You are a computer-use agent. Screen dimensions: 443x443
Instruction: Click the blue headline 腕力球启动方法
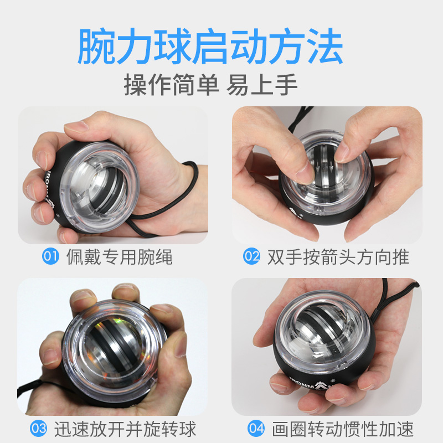click(x=210, y=46)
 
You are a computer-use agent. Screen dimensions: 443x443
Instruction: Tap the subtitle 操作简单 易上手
click(x=211, y=84)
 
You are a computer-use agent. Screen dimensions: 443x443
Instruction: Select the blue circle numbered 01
click(x=50, y=256)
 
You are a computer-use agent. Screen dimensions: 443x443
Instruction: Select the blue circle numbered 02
click(x=251, y=256)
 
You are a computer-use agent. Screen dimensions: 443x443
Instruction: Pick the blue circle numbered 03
click(x=38, y=428)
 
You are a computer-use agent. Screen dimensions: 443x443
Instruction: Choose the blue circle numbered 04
click(x=256, y=428)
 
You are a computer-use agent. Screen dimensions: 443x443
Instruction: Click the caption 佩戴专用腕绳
click(x=120, y=257)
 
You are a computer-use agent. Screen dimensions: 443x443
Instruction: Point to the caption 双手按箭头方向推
click(x=338, y=257)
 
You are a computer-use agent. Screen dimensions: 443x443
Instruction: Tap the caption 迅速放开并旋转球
click(x=125, y=429)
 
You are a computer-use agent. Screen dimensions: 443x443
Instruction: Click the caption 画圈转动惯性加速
click(x=343, y=429)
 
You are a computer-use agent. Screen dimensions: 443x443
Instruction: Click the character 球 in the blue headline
click(x=173, y=46)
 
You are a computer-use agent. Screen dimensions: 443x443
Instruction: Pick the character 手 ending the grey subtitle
click(x=286, y=84)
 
